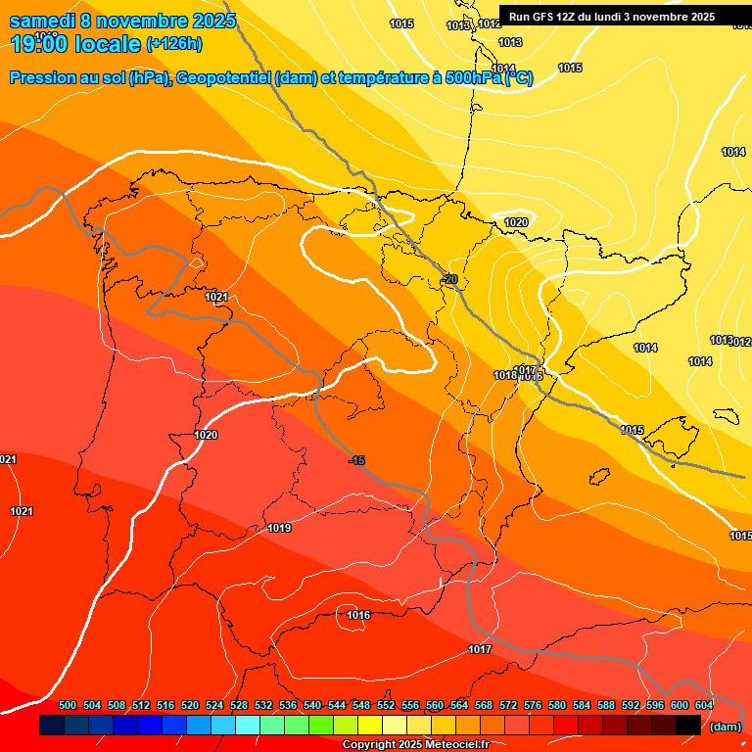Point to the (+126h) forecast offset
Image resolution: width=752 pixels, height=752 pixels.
(173, 44)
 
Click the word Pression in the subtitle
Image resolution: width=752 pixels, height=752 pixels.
(43, 78)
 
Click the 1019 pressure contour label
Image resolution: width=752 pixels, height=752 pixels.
(279, 529)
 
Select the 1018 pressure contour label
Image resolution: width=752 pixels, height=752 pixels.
(505, 376)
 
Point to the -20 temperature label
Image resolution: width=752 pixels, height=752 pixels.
(449, 279)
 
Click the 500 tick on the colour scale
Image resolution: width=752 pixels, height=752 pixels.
(68, 706)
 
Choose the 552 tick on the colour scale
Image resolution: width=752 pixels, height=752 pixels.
(386, 706)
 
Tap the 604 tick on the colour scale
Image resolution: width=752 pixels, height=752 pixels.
(704, 706)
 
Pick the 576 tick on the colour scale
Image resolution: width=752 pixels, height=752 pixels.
(533, 706)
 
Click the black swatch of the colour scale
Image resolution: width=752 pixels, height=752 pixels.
(688, 725)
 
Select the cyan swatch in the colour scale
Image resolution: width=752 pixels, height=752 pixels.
(248, 725)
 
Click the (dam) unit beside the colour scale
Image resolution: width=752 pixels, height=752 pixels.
(725, 727)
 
